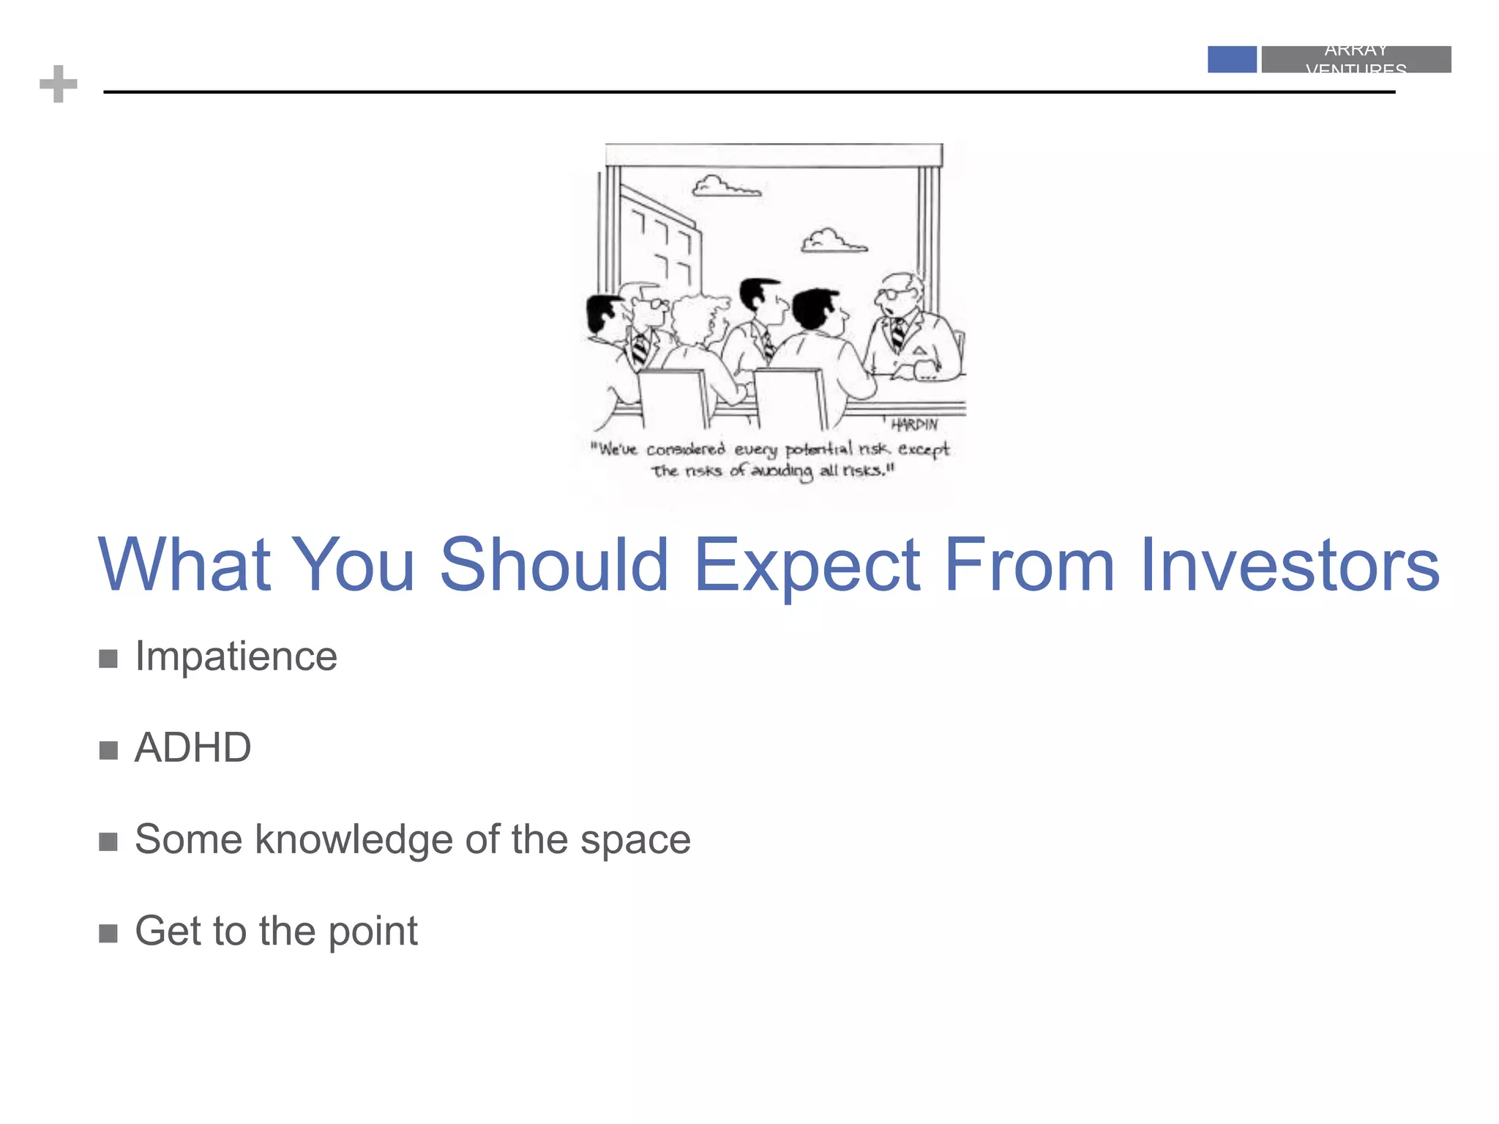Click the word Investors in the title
[x=1290, y=565]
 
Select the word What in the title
[x=184, y=565]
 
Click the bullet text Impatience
[x=236, y=656]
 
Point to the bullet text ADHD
[x=192, y=748]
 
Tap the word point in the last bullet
[x=373, y=932]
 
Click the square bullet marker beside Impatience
[x=108, y=659]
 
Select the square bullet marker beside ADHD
[x=108, y=751]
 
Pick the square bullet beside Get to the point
[x=108, y=934]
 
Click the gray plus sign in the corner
[x=59, y=84]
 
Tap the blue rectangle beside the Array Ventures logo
[x=1232, y=59]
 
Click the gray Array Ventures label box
[x=1356, y=59]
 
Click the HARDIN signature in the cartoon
[x=913, y=424]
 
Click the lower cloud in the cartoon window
[x=833, y=241]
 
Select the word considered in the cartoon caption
[x=685, y=449]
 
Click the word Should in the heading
[x=554, y=565]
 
